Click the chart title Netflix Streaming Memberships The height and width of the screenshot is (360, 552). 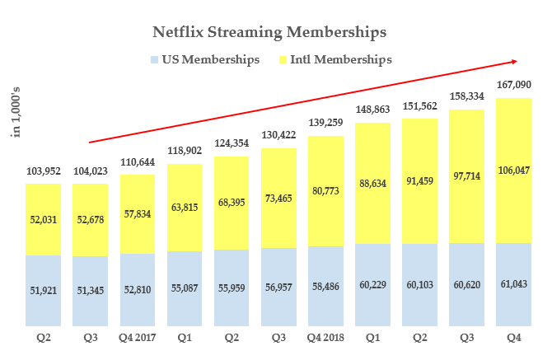pos(270,33)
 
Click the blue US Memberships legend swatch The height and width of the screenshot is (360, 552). pos(154,59)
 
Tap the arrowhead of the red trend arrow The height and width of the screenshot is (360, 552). pos(515,61)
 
